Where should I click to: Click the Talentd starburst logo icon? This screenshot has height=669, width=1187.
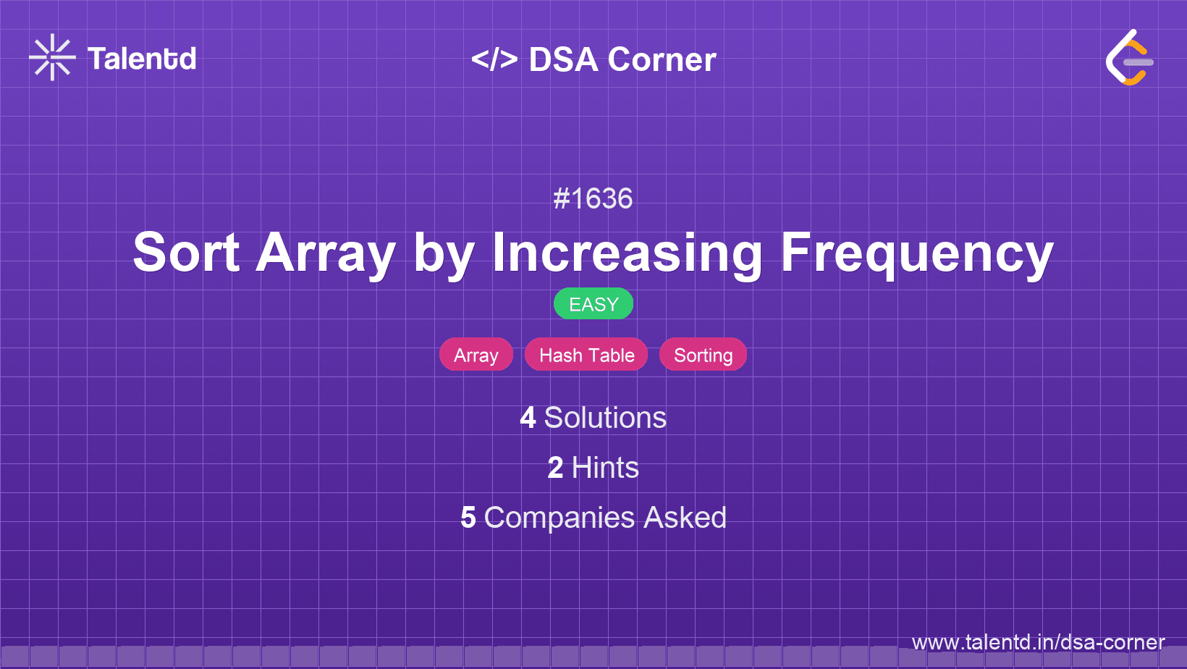pyautogui.click(x=52, y=57)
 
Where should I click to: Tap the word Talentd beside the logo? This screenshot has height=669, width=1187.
pyautogui.click(x=142, y=59)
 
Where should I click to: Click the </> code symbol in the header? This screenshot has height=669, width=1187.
pyautogui.click(x=494, y=59)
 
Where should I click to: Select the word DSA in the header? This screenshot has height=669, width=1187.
pyautogui.click(x=563, y=59)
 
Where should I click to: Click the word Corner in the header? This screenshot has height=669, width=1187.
pyautogui.click(x=662, y=59)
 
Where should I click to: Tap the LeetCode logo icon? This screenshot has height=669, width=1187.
pyautogui.click(x=1129, y=58)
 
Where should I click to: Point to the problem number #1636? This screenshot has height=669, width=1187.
pyautogui.click(x=593, y=198)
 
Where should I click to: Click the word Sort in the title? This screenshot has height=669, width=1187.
pyautogui.click(x=186, y=253)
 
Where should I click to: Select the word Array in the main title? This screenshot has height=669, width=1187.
pyautogui.click(x=326, y=253)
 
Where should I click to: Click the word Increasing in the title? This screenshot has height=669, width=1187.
pyautogui.click(x=627, y=253)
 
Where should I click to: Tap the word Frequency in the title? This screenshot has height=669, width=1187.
pyautogui.click(x=916, y=253)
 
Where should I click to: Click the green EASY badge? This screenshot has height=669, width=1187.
pyautogui.click(x=593, y=304)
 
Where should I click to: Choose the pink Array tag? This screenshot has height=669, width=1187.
pyautogui.click(x=476, y=355)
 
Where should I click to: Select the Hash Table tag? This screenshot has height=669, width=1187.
pyautogui.click(x=586, y=355)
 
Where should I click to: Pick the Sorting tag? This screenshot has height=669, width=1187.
pyautogui.click(x=703, y=355)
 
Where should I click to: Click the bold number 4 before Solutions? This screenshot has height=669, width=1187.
pyautogui.click(x=528, y=418)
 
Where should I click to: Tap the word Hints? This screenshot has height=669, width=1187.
pyautogui.click(x=605, y=468)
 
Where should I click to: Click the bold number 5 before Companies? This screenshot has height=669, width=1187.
pyautogui.click(x=468, y=518)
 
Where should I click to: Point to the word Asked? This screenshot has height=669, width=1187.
pyautogui.click(x=685, y=518)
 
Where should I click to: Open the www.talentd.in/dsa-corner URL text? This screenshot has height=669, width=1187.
pyautogui.click(x=1038, y=642)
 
